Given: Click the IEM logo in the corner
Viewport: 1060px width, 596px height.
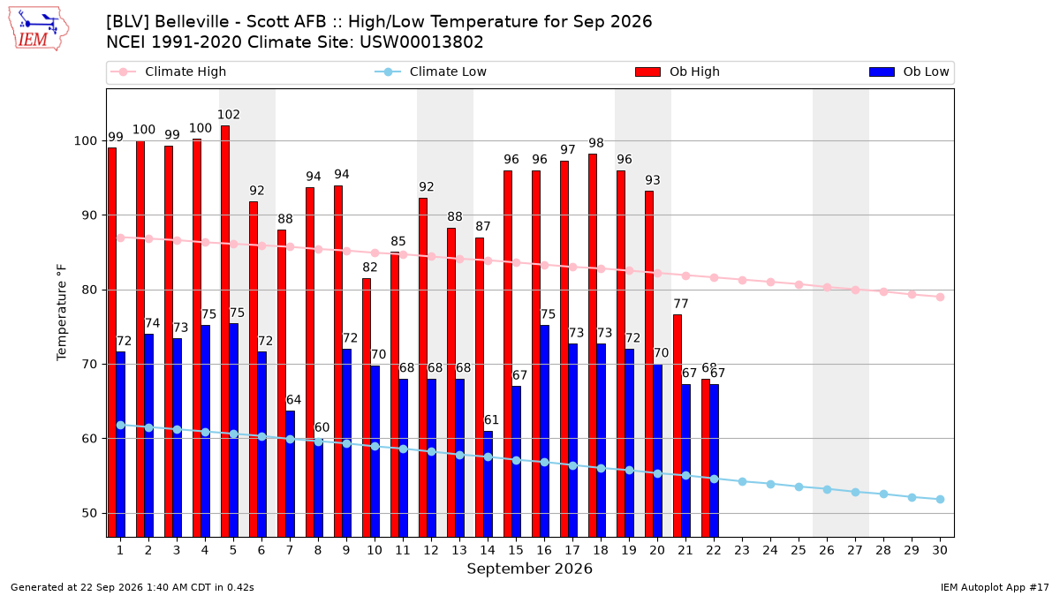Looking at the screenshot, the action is (39, 29).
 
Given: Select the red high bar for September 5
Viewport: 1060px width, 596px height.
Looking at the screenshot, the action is (225, 331).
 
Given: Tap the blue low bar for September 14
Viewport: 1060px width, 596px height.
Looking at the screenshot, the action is (488, 484).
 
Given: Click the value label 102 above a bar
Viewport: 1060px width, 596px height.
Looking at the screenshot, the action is (229, 115).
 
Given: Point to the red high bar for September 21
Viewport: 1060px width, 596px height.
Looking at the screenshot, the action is (678, 426).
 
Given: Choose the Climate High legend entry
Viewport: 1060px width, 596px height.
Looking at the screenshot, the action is (169, 72).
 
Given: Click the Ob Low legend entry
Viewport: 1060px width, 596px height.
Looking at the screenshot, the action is (909, 72).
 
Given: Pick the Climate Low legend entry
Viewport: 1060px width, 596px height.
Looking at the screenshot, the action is (431, 72).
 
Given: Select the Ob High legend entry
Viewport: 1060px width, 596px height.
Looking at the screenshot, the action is (678, 72).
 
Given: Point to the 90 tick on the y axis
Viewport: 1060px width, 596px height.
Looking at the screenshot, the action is (89, 215).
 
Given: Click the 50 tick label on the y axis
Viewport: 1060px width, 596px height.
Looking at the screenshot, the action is (89, 513).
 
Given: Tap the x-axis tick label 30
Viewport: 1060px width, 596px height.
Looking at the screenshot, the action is (940, 550).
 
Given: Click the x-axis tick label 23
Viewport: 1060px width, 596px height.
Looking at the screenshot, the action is (742, 550).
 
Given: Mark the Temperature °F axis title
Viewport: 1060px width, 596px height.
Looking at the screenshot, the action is (62, 313).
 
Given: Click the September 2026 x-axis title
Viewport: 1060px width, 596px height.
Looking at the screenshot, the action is (529, 569).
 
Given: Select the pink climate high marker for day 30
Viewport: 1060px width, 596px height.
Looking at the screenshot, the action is (940, 297).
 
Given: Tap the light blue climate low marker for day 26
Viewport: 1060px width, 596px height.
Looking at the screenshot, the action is (827, 489).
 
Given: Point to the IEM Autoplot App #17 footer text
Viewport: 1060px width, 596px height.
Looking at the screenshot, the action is (995, 587).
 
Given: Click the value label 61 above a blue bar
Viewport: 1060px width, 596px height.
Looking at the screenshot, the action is (491, 420).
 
